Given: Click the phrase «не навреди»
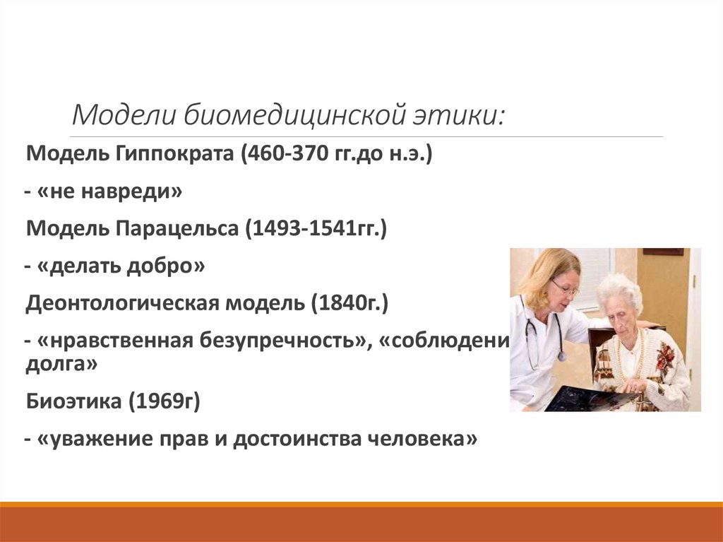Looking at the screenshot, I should [107, 192].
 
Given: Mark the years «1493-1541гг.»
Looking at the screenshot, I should [316, 230].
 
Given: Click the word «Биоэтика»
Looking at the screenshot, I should [68, 401].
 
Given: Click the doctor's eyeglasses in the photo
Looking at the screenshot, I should [564, 288].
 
